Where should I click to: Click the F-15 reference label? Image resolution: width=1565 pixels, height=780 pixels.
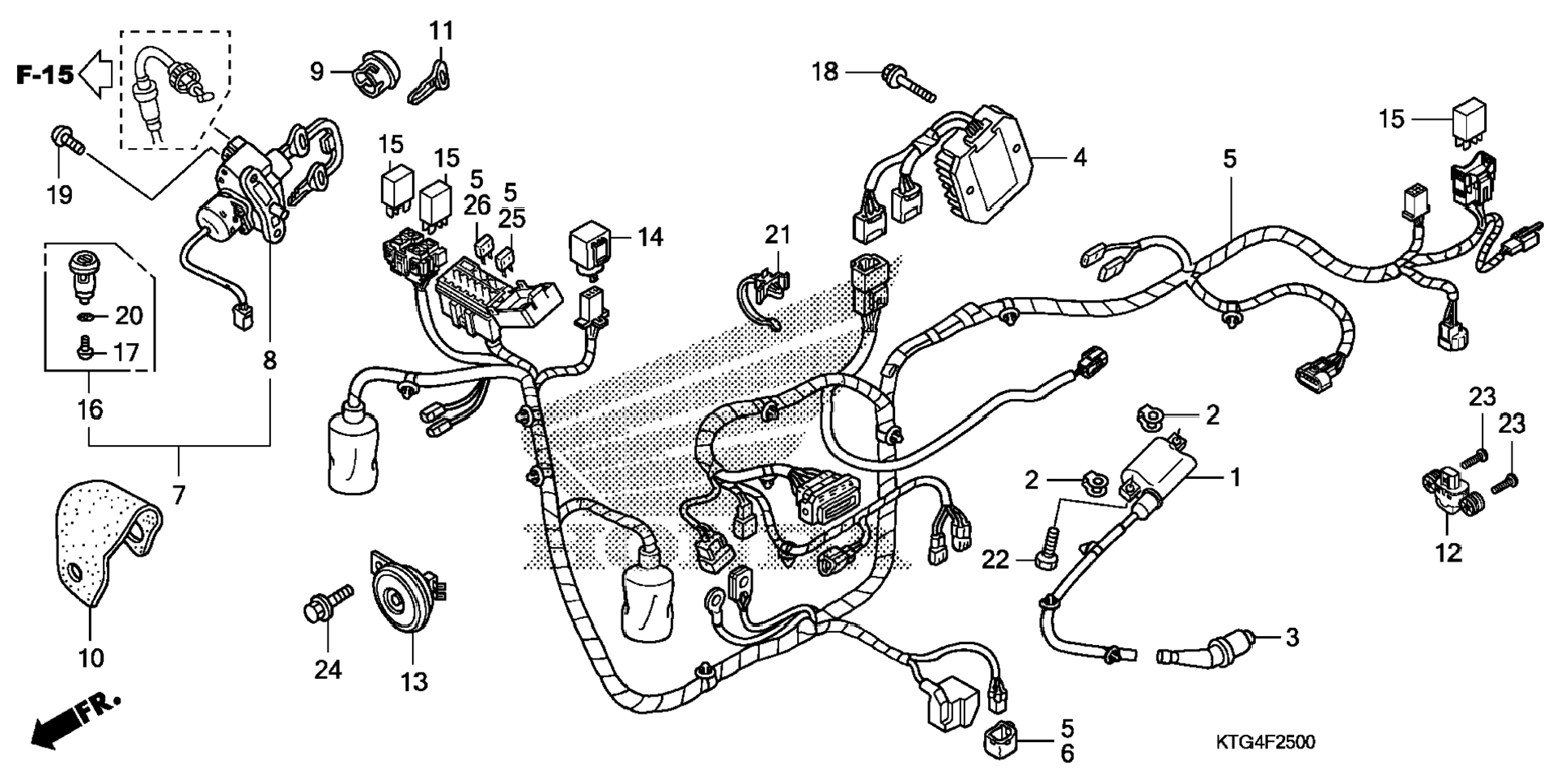45,75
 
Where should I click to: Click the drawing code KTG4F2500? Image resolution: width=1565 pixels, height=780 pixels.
1265,742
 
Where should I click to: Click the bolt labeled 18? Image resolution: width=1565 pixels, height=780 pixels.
910,84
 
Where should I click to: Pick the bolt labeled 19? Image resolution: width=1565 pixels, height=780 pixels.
67,141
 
